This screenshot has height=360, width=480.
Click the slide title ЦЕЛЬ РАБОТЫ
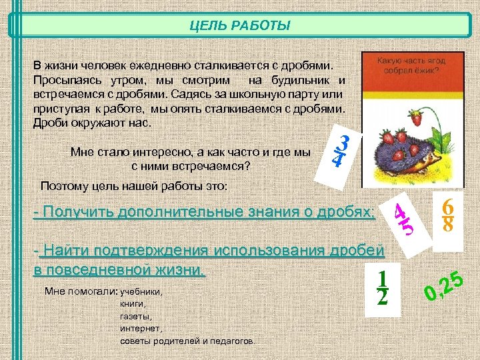tap(239, 26)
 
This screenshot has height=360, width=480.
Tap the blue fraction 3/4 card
tap(341, 152)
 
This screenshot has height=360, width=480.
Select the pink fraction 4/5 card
tap(403, 217)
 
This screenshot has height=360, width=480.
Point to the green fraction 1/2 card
tap(382, 288)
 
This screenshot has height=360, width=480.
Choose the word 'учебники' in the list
tap(141, 292)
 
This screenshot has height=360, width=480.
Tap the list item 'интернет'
tap(141, 328)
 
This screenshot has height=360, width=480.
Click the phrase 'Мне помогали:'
tap(80, 292)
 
